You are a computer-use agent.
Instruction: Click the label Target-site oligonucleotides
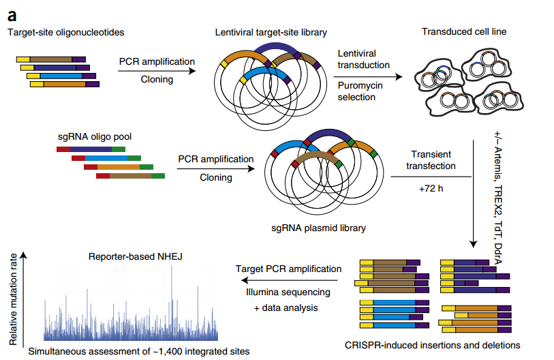tap(65, 32)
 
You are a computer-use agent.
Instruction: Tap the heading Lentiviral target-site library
tap(271, 32)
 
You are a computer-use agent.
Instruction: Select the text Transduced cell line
tap(464, 31)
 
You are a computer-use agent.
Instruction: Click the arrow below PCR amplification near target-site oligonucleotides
tap(156, 70)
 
